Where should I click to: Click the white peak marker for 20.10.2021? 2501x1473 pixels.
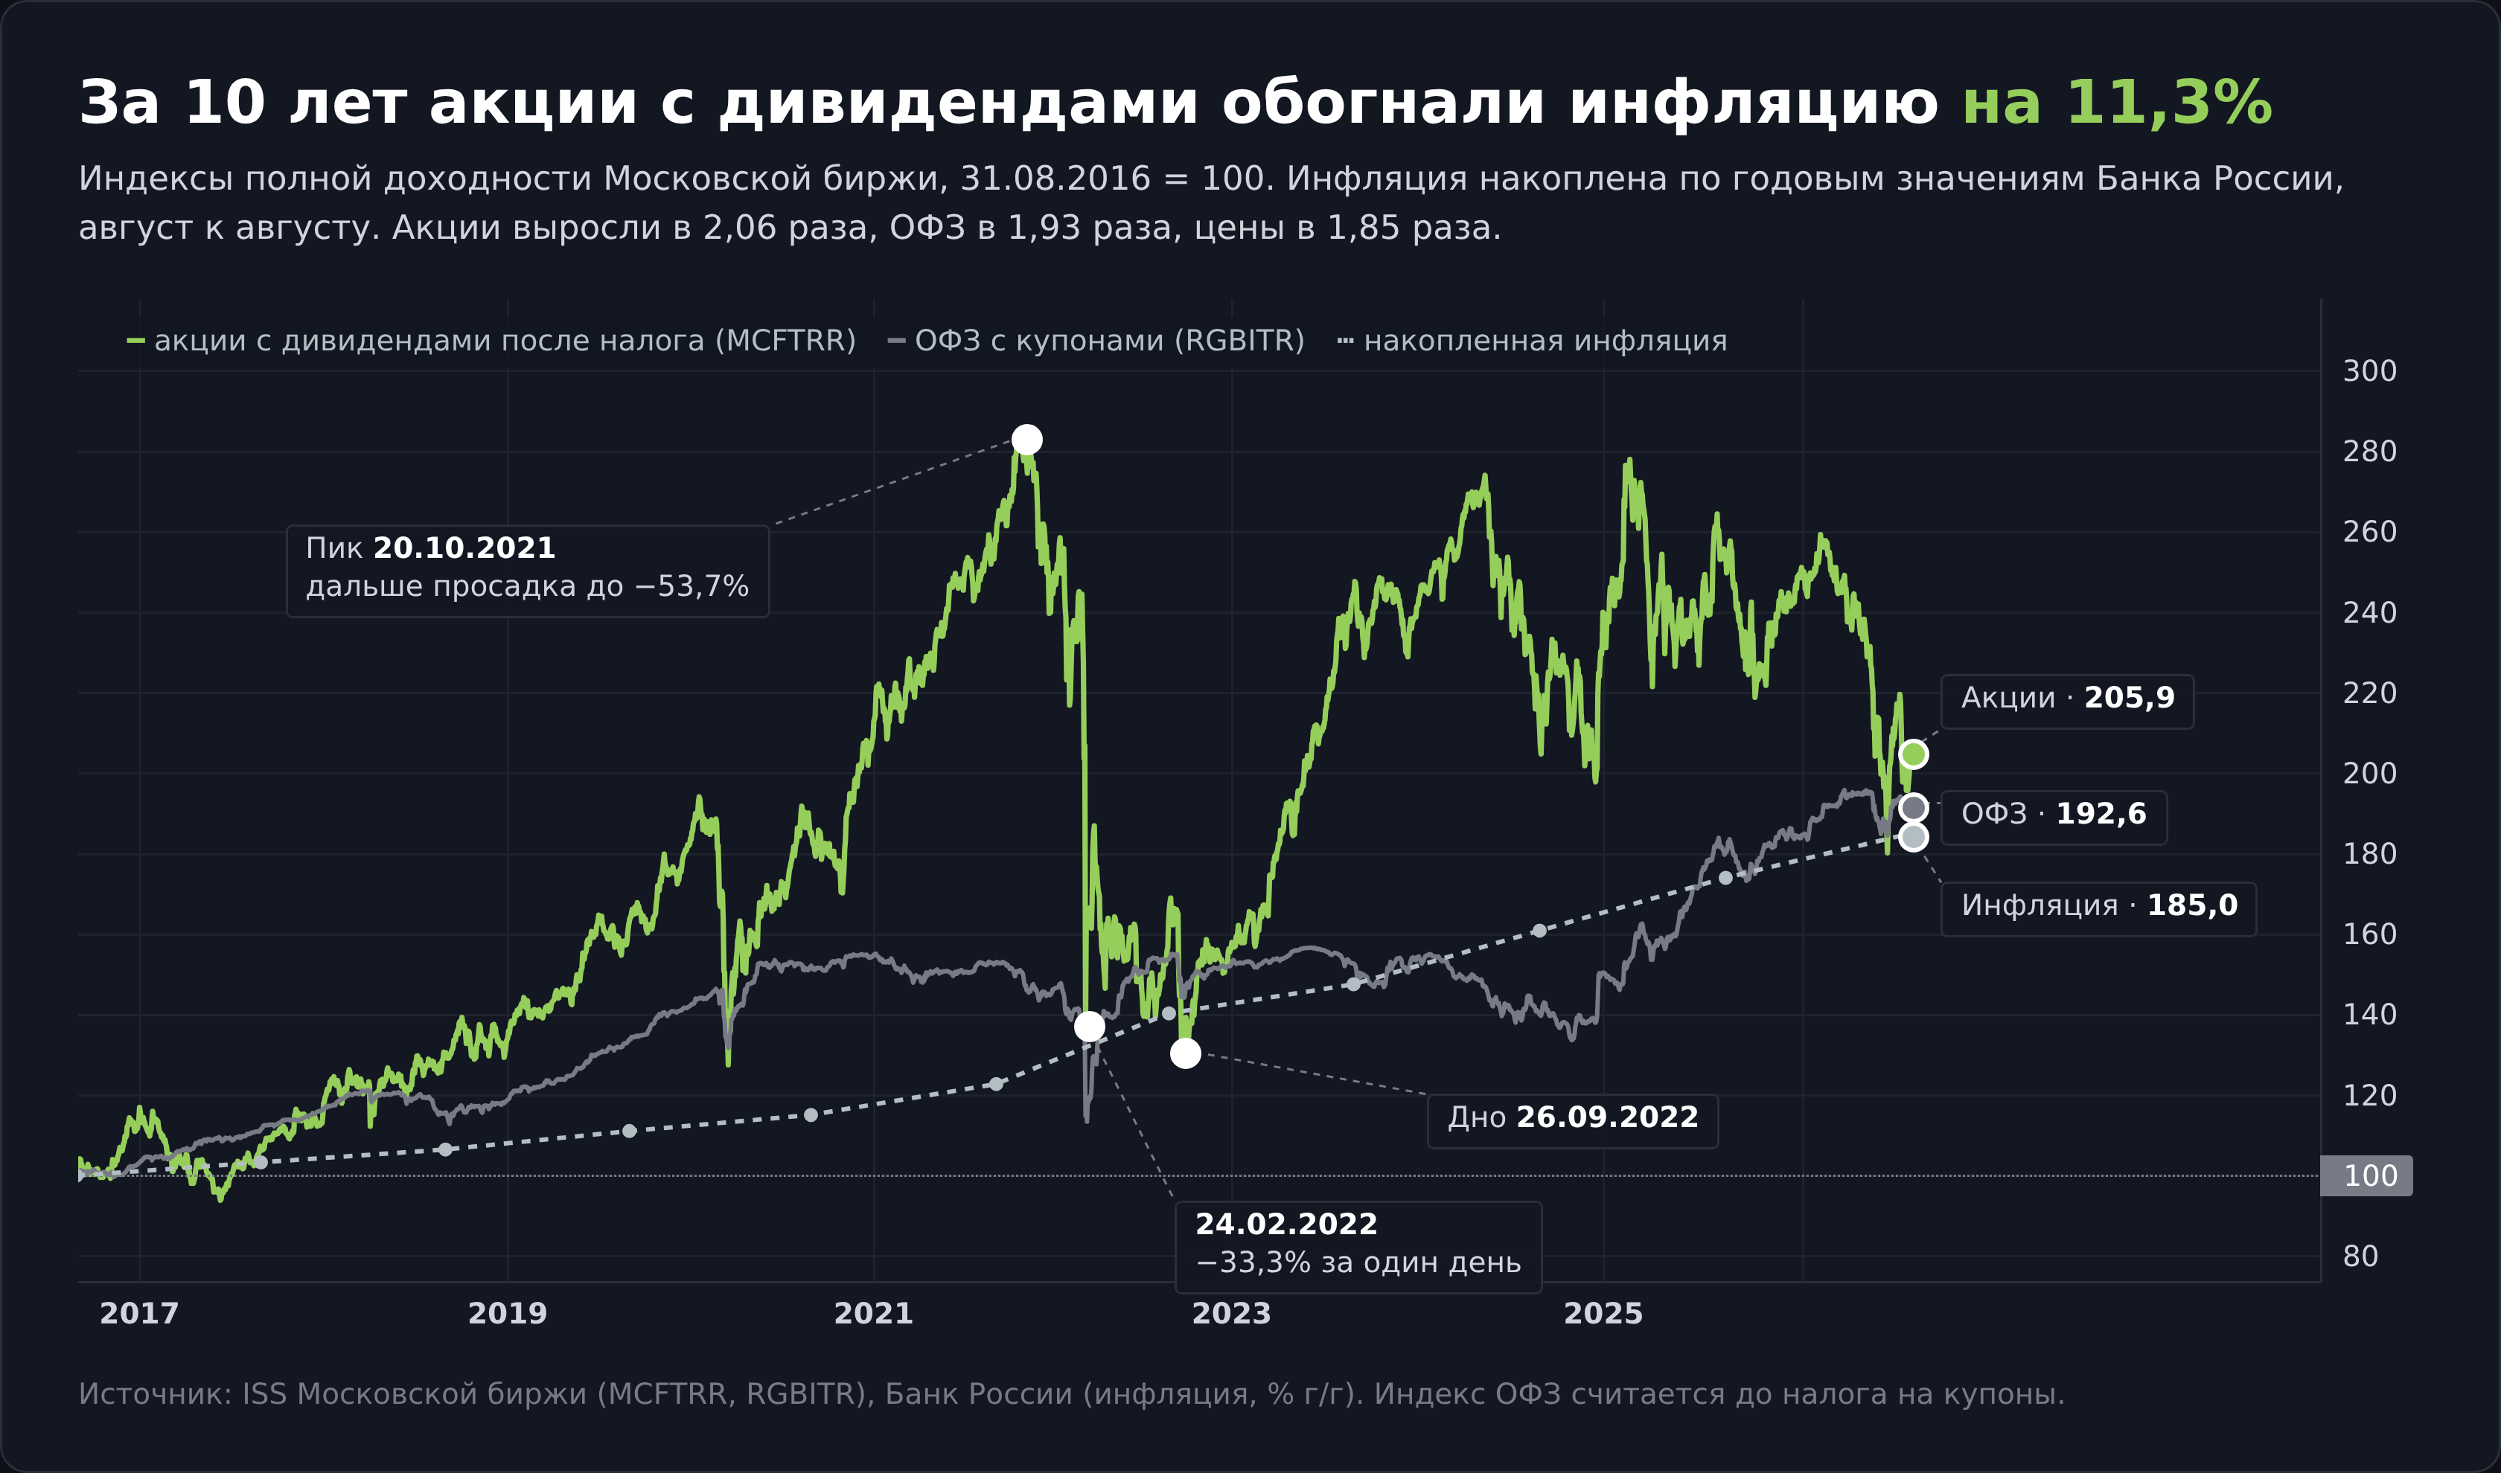tap(1026, 439)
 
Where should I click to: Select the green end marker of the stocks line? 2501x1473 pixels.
tap(1913, 754)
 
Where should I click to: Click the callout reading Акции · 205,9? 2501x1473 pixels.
tap(2067, 701)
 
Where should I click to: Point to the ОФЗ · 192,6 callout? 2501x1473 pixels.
tap(2053, 817)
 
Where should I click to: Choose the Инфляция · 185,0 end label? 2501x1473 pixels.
tap(2098, 908)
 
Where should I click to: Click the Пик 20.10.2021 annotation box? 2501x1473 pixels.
tap(527, 571)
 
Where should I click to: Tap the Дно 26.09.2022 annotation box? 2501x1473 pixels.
tap(1572, 1120)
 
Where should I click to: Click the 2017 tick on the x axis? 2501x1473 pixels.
tap(139, 1313)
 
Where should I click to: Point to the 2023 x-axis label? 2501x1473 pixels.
tap(1231, 1313)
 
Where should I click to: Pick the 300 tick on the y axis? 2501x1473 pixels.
tap(2369, 371)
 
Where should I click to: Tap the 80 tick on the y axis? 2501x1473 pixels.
tap(2360, 1256)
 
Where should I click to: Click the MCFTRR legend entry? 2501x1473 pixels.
tap(491, 341)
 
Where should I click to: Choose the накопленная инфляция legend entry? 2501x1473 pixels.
tap(1532, 341)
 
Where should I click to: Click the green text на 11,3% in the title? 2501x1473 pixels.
tap(2117, 102)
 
